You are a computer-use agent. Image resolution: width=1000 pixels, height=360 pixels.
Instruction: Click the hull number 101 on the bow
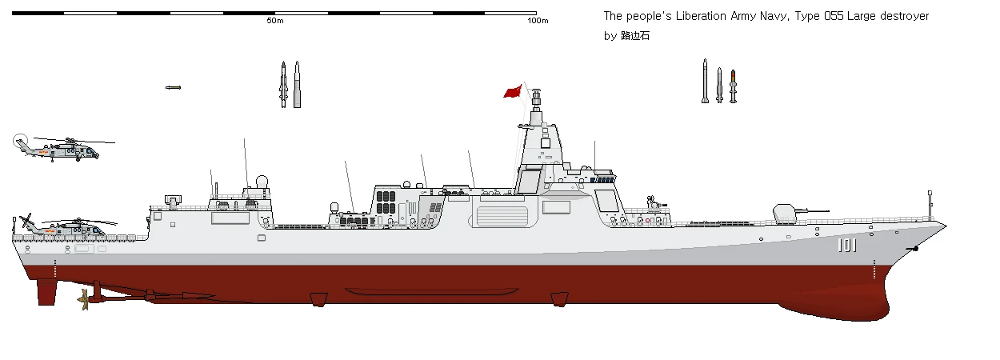(x=846, y=246)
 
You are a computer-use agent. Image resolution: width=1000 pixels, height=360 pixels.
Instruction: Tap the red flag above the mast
(x=512, y=92)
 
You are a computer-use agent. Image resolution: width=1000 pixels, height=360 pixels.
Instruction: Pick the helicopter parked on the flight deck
(x=68, y=227)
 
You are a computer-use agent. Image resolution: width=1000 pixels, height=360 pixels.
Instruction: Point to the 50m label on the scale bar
(x=275, y=21)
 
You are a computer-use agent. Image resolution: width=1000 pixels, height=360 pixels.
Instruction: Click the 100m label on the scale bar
(x=538, y=21)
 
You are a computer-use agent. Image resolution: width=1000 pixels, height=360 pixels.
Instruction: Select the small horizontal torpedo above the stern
(x=173, y=87)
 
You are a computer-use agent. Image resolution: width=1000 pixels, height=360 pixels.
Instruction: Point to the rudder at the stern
(x=46, y=292)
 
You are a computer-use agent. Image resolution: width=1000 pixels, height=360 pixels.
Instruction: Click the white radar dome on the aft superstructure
(x=262, y=182)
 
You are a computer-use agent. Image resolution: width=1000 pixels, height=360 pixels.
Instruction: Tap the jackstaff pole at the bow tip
(x=930, y=206)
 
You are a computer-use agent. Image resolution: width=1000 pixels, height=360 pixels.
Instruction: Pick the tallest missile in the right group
(x=705, y=82)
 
